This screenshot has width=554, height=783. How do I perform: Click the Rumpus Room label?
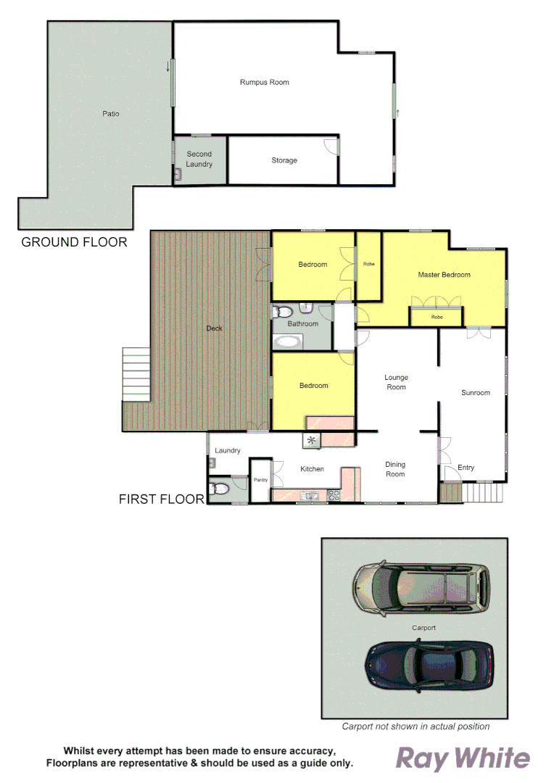pos(264,83)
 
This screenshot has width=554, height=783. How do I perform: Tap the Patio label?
pos(110,114)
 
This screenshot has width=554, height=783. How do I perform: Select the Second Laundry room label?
pos(199,159)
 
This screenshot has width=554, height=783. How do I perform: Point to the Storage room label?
pos(284,160)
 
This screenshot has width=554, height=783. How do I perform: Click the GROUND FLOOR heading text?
pos(74,242)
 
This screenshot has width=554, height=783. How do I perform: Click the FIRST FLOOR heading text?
pos(161,500)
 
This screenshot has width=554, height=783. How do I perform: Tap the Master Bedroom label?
pos(444,275)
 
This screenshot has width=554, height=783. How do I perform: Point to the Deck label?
pos(214,328)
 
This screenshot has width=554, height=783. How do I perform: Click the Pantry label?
pos(260,480)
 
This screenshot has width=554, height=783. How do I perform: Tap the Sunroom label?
pos(476,393)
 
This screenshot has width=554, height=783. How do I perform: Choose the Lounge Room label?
pos(396,382)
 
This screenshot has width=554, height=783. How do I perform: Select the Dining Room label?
pos(395,469)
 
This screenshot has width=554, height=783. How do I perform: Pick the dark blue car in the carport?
pos(431,664)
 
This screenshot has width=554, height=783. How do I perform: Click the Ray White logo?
pos(462,758)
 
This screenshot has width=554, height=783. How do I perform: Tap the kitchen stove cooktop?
pos(335,496)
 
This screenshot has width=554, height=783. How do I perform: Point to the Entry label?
pos(466,468)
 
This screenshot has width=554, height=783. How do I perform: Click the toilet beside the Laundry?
pos(216,489)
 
